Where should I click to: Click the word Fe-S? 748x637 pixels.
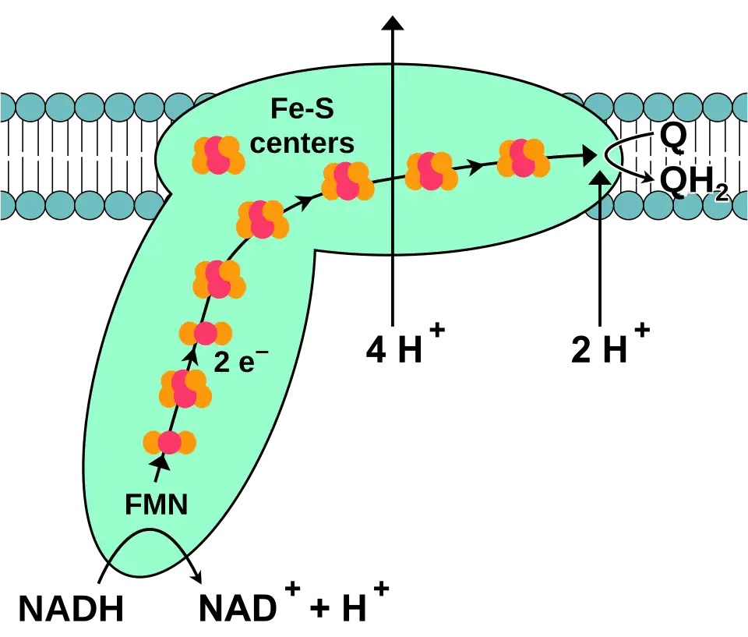[x=302, y=110]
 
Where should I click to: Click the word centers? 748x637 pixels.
[x=302, y=143]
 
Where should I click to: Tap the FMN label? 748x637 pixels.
[x=156, y=505]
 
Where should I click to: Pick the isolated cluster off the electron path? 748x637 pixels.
[x=219, y=154]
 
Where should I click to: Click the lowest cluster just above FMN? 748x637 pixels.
[x=169, y=443]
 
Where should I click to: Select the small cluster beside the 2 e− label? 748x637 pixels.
[x=206, y=333]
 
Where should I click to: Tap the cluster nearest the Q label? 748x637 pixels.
[x=522, y=158]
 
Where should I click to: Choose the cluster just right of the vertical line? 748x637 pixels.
[x=431, y=171]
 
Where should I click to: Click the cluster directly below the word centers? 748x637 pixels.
[x=348, y=181]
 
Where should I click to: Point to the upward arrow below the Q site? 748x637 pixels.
[x=599, y=195]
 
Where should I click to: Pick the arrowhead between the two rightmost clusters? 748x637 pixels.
[x=473, y=165]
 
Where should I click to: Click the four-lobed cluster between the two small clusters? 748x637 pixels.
[x=185, y=388]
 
